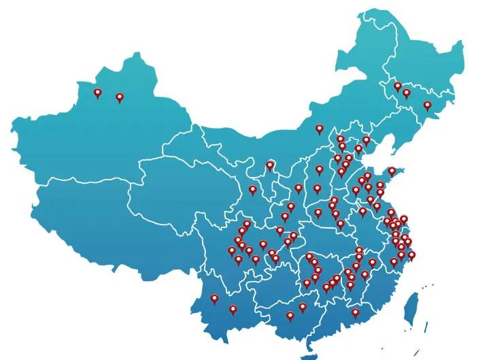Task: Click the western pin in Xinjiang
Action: [98, 93]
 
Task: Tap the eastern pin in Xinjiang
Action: [120, 98]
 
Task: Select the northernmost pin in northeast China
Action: [398, 86]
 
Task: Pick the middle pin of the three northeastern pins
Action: [407, 93]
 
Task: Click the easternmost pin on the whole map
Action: [428, 106]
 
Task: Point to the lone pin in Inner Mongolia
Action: [319, 129]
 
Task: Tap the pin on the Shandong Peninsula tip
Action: [392, 171]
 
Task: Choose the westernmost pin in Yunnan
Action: [214, 298]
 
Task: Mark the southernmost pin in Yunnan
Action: [233, 310]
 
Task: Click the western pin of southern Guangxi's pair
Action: [290, 316]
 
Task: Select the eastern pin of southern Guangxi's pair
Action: [303, 307]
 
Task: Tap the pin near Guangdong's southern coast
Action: [355, 313]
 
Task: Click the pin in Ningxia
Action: [270, 165]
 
